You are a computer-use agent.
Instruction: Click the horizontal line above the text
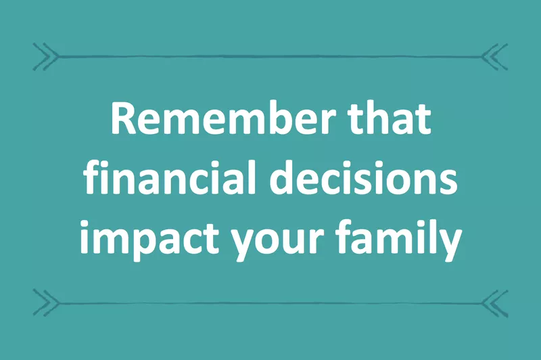[x=270, y=55]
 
